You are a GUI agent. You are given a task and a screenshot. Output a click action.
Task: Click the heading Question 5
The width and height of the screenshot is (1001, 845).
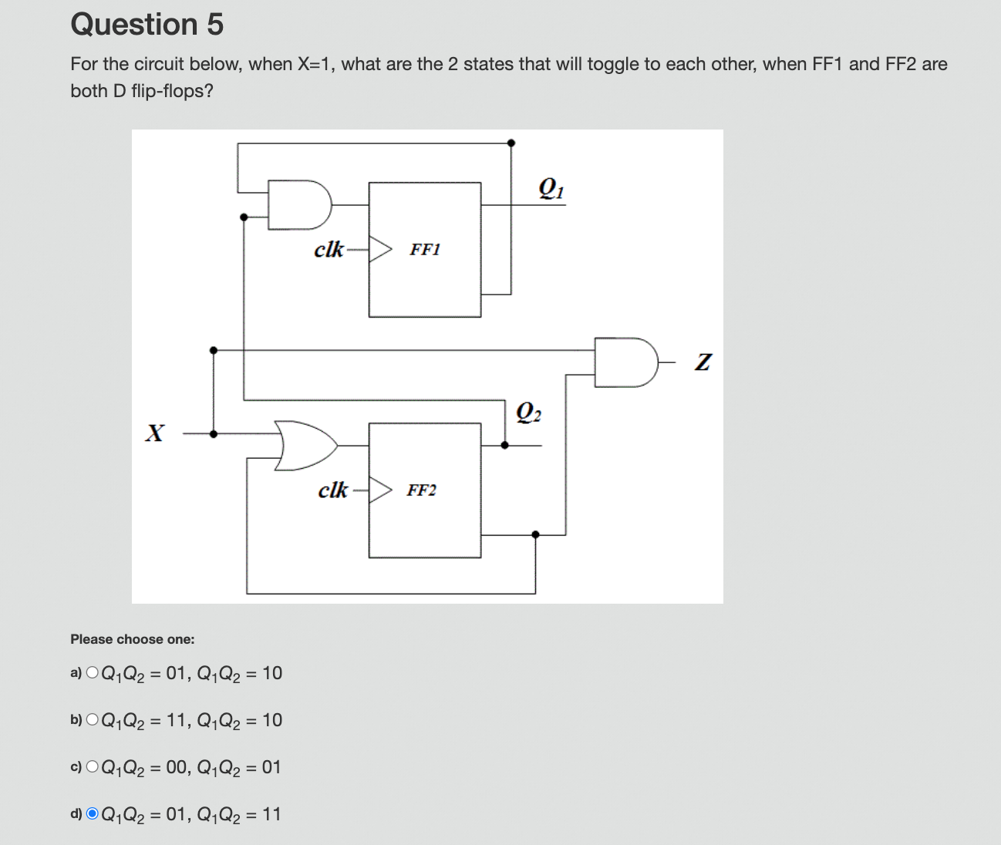pos(147,25)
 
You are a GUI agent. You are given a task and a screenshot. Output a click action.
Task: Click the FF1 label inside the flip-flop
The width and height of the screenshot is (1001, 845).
pos(425,250)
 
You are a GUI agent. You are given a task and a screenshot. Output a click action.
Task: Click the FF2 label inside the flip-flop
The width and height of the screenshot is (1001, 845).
pos(422,490)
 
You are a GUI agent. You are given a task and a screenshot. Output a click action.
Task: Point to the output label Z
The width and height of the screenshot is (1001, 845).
pos(703,362)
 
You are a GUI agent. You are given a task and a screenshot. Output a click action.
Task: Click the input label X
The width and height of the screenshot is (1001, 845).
pos(155,433)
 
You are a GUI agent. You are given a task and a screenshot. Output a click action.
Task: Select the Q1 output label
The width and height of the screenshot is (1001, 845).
pos(551,188)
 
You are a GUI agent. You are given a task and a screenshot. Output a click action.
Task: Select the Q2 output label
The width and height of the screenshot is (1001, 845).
pos(528,412)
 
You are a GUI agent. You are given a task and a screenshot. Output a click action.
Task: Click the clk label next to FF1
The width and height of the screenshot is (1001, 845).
pos(329,250)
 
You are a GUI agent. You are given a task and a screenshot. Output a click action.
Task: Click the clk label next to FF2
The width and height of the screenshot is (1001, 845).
pos(333,490)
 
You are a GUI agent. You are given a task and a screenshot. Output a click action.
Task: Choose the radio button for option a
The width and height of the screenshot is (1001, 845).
pos(93,673)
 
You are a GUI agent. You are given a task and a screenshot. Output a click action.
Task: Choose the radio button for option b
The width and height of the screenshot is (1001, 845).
pos(93,720)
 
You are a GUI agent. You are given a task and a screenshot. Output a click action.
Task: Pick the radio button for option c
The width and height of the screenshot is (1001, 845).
pos(93,767)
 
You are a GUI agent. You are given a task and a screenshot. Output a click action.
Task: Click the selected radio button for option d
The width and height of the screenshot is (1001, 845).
pos(93,814)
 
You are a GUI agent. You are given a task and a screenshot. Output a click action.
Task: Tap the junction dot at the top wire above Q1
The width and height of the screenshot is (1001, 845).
pos(511,143)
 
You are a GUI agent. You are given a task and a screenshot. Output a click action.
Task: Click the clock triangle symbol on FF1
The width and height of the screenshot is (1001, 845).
pos(380,249)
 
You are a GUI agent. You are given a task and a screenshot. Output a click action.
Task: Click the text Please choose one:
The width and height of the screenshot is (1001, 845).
pos(133,639)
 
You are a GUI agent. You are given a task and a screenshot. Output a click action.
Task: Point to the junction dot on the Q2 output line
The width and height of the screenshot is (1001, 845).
pos(505,445)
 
